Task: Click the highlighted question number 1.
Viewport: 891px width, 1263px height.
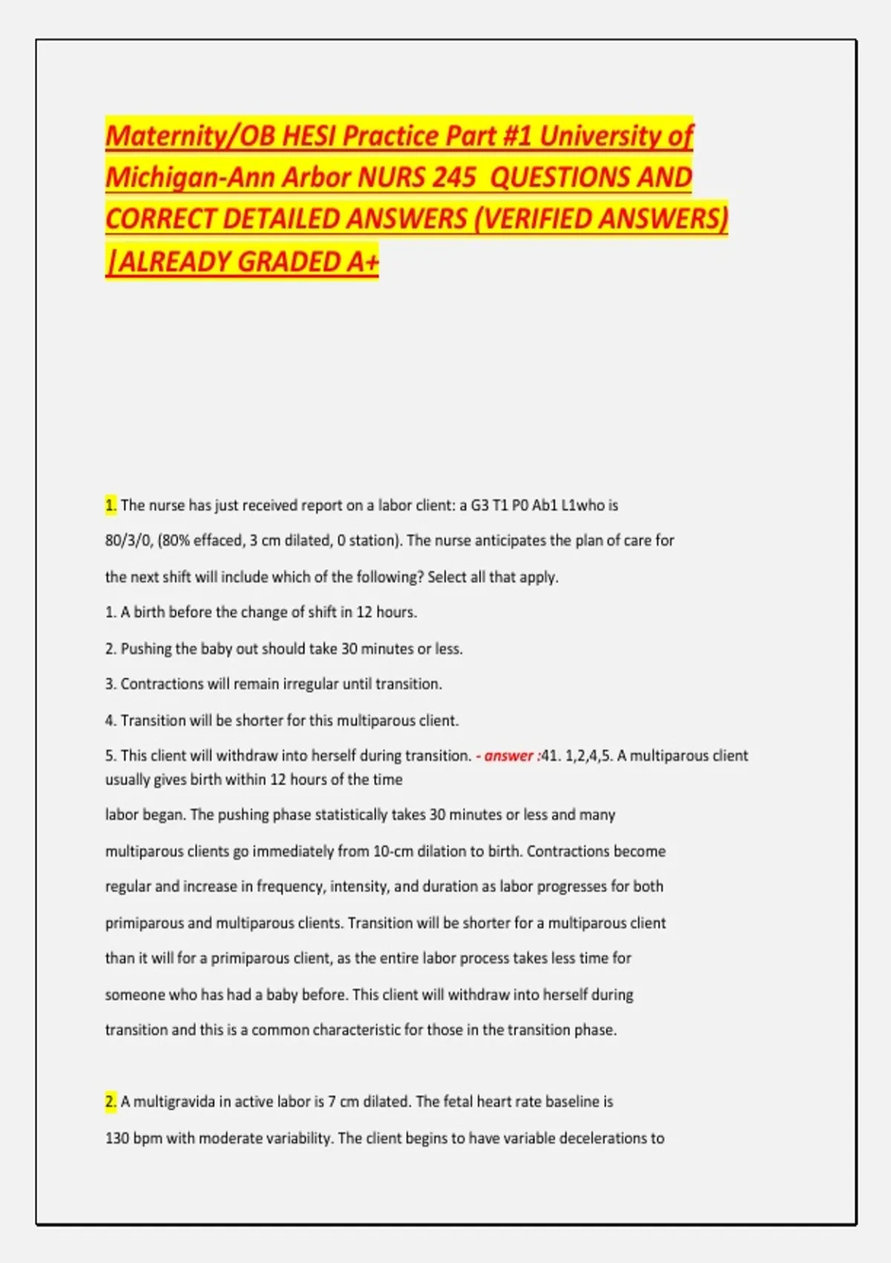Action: tap(111, 506)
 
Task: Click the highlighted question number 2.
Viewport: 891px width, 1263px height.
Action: tap(111, 1102)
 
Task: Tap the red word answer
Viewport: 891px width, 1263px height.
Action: tap(509, 756)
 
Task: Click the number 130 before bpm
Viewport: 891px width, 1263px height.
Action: tap(117, 1138)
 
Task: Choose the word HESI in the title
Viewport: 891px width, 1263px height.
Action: tap(308, 136)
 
